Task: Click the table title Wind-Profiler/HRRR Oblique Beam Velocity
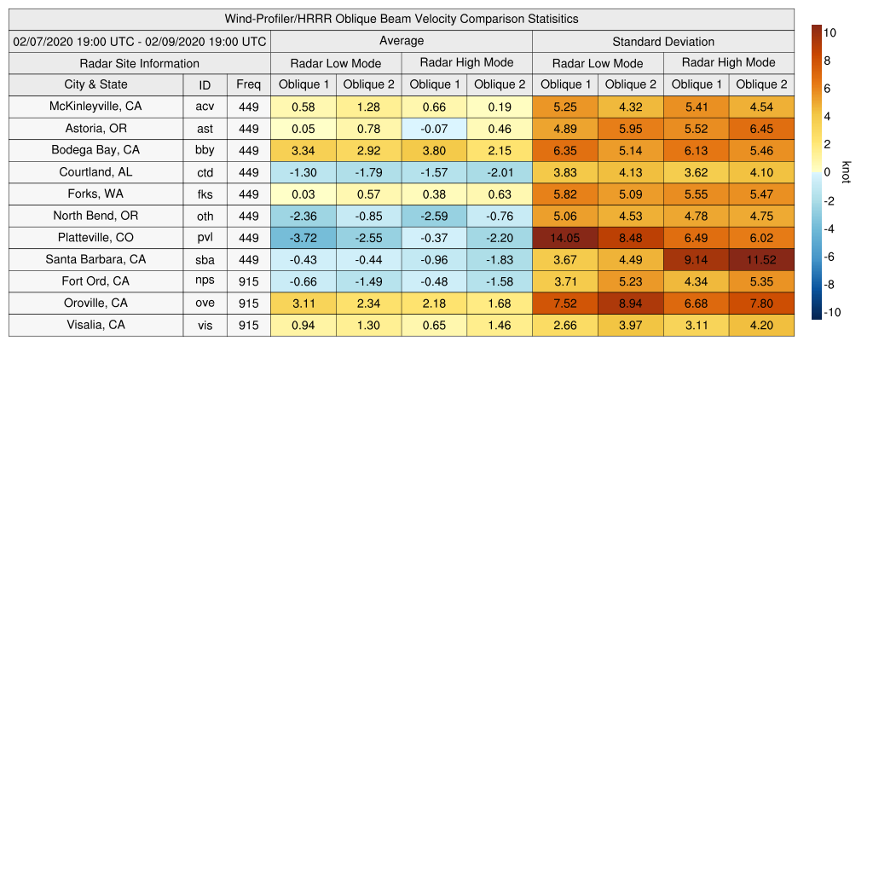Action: click(x=402, y=19)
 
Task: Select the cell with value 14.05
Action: click(x=565, y=238)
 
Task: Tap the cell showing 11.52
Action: click(x=761, y=260)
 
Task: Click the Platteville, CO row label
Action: click(x=95, y=238)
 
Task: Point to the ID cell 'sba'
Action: click(x=205, y=260)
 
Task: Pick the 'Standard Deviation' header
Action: click(x=663, y=41)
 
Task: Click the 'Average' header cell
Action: click(x=402, y=41)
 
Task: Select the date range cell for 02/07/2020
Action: click(x=140, y=41)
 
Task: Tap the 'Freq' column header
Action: click(x=249, y=84)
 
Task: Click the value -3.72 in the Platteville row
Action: click(x=304, y=238)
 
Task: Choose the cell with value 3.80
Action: click(x=434, y=150)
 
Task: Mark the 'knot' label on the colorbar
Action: click(x=846, y=171)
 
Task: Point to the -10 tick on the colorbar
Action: click(x=832, y=312)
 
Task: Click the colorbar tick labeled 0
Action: click(x=827, y=172)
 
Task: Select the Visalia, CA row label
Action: click(x=95, y=325)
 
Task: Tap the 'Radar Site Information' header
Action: click(x=140, y=63)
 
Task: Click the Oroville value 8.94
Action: click(x=631, y=304)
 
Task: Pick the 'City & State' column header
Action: click(x=95, y=84)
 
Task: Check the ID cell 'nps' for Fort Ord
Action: click(x=205, y=281)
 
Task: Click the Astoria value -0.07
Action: click(x=434, y=129)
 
